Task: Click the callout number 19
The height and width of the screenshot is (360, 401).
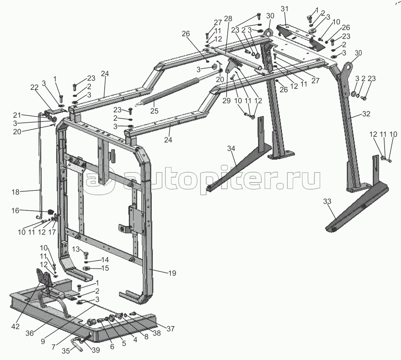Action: [x=172, y=273]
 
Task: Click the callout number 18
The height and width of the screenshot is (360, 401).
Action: [x=15, y=192]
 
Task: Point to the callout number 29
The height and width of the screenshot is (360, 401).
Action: [x=227, y=101]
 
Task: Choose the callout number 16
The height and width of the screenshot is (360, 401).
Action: [x=16, y=211]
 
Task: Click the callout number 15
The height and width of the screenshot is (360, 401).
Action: [x=105, y=268]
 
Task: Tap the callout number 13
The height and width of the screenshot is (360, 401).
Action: [x=76, y=249]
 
